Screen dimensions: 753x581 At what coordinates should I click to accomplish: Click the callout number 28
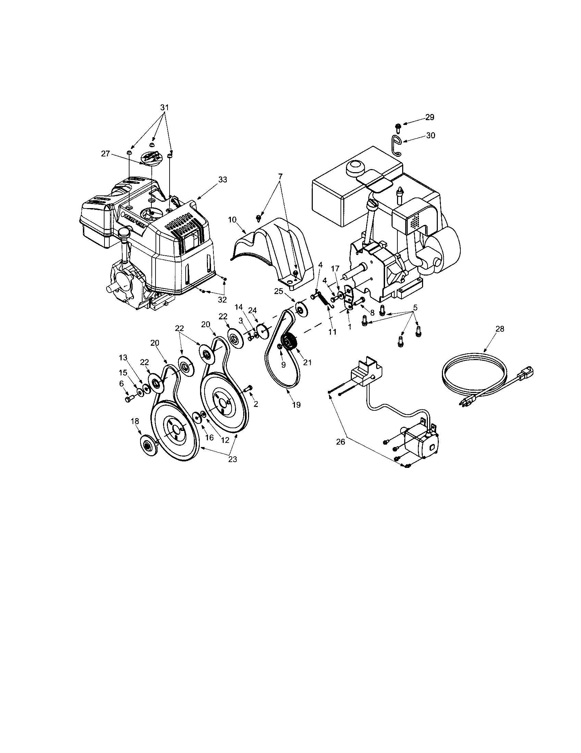point(499,329)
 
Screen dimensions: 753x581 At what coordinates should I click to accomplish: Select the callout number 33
point(223,179)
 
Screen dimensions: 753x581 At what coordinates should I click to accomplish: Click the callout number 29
point(430,117)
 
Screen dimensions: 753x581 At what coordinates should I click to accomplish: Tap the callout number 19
point(296,405)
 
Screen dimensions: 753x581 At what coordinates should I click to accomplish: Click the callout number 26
point(341,442)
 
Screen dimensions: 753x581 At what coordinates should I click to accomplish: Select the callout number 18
point(135,421)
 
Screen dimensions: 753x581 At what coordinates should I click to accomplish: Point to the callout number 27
point(106,154)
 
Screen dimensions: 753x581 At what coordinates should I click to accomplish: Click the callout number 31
point(164,107)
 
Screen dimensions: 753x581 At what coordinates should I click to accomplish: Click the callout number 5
point(415,308)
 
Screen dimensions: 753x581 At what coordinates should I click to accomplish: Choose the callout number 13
point(123,358)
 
